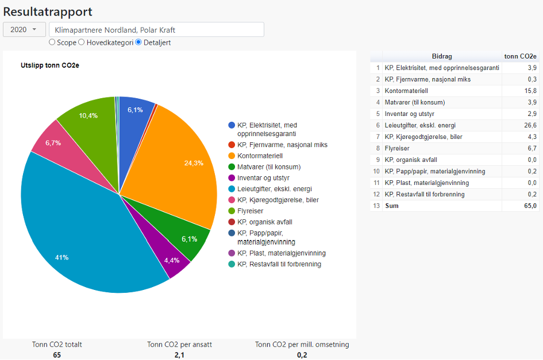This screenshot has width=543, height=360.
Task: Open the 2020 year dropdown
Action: (24, 29)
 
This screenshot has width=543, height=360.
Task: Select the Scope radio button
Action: (52, 42)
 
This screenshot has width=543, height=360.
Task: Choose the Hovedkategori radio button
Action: (82, 42)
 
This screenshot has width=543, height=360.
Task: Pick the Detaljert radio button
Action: (138, 42)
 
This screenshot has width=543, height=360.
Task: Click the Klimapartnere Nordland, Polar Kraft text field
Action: (156, 29)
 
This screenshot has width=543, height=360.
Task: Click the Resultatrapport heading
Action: (48, 11)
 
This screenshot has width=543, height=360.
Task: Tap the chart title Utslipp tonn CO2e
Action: (50, 65)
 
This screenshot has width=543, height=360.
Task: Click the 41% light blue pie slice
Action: (80, 235)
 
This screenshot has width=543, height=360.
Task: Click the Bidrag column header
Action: (442, 56)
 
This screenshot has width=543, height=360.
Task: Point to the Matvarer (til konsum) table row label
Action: (415, 102)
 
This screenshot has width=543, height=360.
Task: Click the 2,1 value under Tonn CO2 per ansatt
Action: (180, 355)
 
